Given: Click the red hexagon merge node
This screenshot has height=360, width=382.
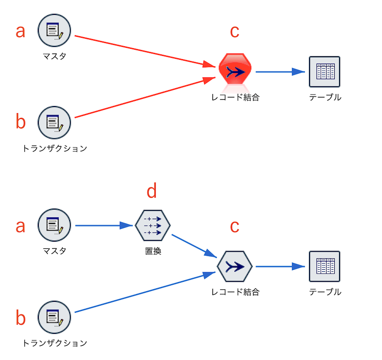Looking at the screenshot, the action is [x=235, y=69].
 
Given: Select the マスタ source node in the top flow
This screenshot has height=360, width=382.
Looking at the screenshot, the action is [x=54, y=30].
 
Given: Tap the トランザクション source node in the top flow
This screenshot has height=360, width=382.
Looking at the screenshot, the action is [x=54, y=123].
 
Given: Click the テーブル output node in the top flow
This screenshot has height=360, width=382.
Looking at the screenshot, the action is [x=325, y=72].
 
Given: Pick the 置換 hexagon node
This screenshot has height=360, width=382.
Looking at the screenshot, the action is [x=153, y=225].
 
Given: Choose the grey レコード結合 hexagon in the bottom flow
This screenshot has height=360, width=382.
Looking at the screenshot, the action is [x=234, y=266].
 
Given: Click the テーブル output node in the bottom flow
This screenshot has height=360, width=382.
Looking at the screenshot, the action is [x=325, y=266].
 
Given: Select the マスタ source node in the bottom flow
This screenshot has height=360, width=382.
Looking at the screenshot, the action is [x=54, y=225].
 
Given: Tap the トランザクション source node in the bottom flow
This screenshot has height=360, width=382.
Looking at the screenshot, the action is [x=54, y=318].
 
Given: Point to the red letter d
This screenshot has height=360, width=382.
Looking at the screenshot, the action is [x=151, y=191].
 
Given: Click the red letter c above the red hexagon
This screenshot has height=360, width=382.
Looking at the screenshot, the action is [x=234, y=32].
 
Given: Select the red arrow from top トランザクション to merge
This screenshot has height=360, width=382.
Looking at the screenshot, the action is [x=145, y=97].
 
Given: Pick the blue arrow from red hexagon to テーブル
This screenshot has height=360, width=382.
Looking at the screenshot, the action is [x=280, y=72].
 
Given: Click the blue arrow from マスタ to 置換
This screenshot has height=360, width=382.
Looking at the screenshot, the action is [x=104, y=225].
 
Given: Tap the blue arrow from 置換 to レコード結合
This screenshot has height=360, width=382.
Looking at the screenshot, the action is [x=194, y=246].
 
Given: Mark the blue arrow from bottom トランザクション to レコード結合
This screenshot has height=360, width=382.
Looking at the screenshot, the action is [x=145, y=292].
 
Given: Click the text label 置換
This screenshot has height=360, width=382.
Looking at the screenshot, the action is [x=153, y=251].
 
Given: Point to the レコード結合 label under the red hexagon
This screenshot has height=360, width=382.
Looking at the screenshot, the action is [x=235, y=97].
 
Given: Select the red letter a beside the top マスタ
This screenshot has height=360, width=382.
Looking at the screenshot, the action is [x=21, y=32].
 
